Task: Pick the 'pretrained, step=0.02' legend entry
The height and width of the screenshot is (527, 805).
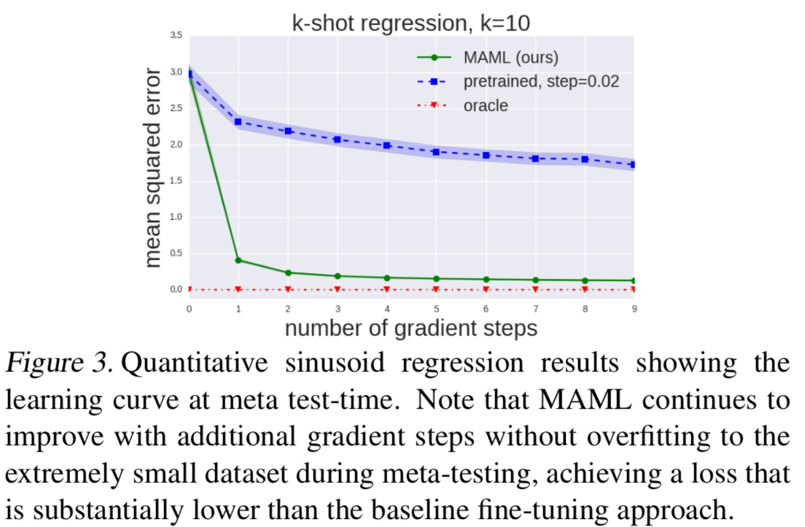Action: [541, 81]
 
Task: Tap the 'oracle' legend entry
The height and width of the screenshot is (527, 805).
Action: [486, 105]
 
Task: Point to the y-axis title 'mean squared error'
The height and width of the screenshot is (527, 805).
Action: [152, 168]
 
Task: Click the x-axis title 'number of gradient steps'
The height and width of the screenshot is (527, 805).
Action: [411, 328]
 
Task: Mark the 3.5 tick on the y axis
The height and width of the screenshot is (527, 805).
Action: [176, 35]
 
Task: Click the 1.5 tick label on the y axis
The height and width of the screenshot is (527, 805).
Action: [176, 180]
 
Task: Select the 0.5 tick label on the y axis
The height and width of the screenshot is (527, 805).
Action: [176, 253]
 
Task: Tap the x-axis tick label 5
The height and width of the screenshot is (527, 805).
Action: [436, 308]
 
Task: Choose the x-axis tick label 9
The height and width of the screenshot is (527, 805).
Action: [634, 308]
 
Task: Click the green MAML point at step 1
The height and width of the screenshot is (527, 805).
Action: [238, 260]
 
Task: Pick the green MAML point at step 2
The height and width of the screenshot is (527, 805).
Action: [288, 273]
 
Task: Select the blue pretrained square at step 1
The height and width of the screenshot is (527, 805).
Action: [238, 121]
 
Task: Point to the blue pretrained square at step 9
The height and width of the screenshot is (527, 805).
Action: [634, 164]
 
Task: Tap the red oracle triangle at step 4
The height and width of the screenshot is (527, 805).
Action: [387, 290]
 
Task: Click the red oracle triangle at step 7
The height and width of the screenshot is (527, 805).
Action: [535, 290]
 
